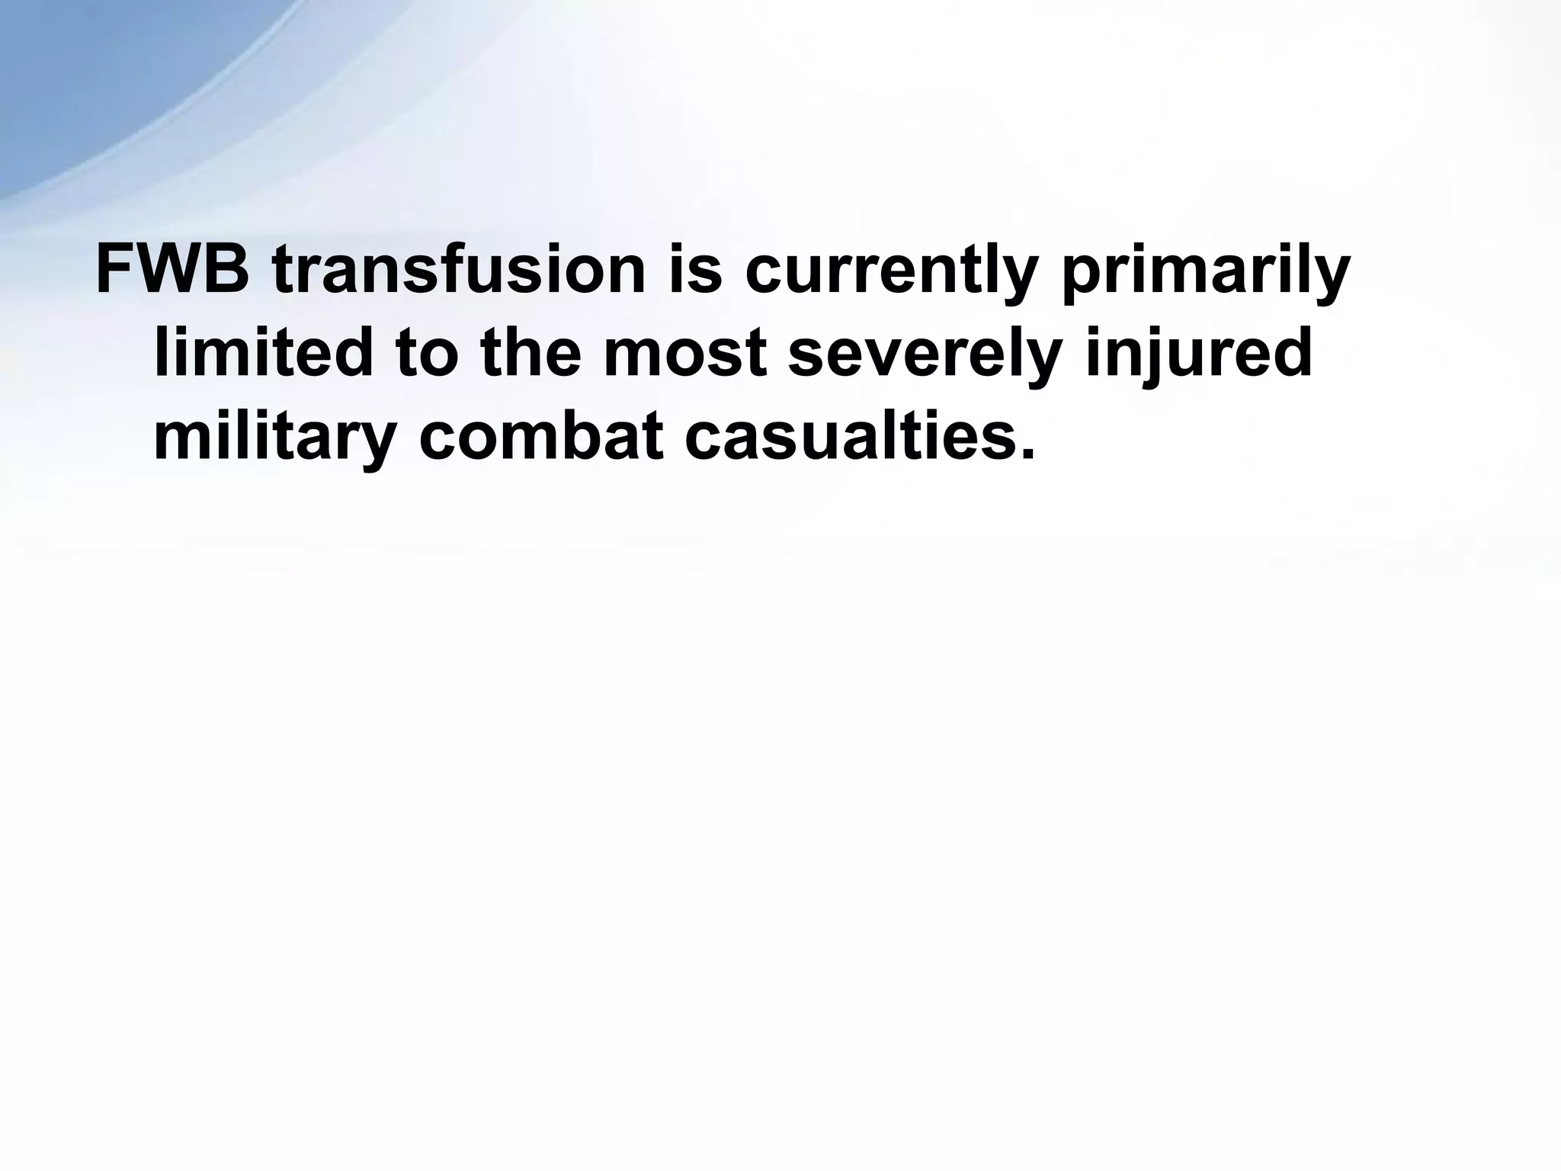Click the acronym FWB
point(172,271)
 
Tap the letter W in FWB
point(169,271)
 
